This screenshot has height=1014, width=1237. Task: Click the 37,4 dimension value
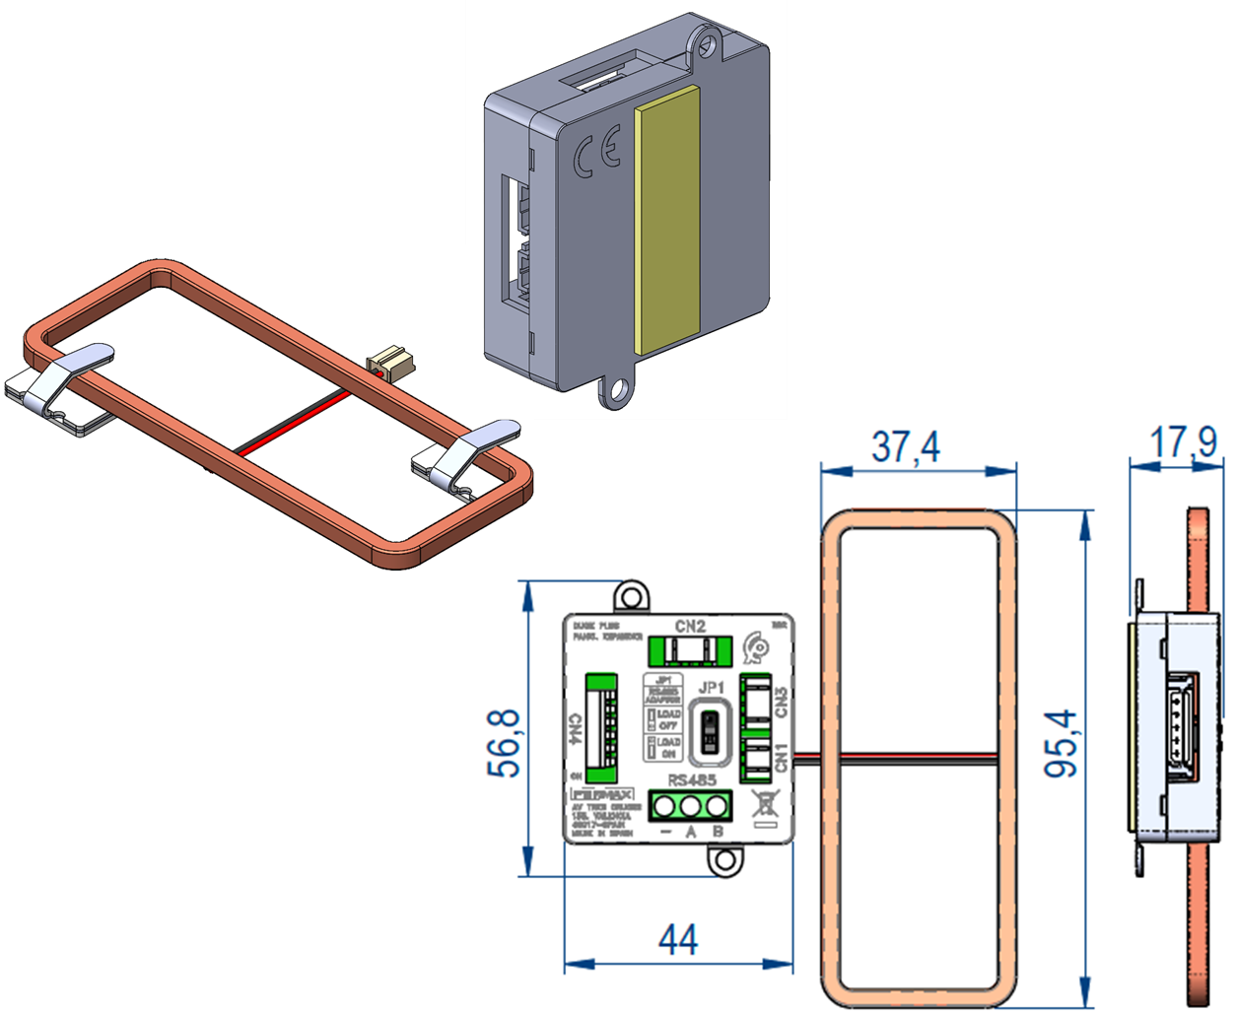click(x=906, y=446)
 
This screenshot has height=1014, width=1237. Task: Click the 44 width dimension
click(x=677, y=939)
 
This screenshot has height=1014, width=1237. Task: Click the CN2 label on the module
click(x=690, y=626)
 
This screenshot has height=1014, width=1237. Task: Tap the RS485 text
click(x=692, y=780)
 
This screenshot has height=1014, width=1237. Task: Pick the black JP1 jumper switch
click(x=709, y=732)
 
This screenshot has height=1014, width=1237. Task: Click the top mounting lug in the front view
click(x=631, y=597)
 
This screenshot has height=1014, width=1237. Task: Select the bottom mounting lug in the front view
click(x=725, y=859)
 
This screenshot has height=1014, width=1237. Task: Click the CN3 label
click(x=782, y=702)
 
